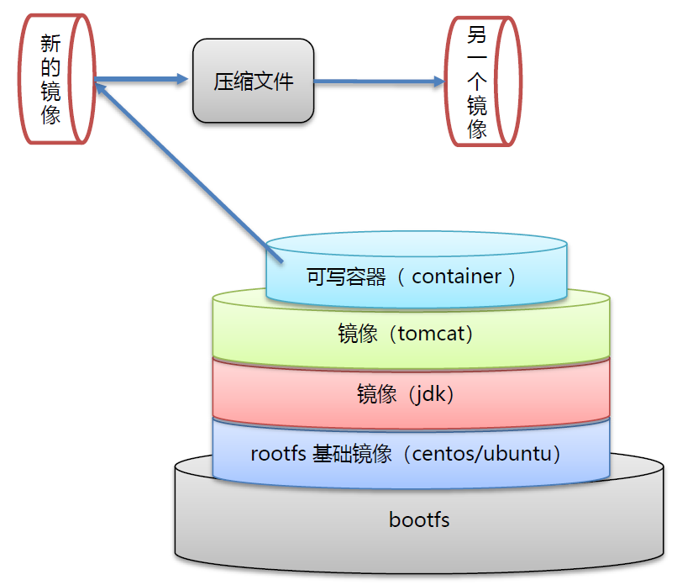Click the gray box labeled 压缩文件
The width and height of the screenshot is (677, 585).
pyautogui.click(x=254, y=82)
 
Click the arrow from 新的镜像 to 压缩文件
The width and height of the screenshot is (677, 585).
pyautogui.click(x=143, y=81)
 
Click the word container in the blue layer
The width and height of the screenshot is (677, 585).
pyautogui.click(x=456, y=277)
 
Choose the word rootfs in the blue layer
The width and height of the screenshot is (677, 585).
pyautogui.click(x=275, y=455)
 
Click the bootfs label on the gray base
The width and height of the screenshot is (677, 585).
pyautogui.click(x=419, y=519)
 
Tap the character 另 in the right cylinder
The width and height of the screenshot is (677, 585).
pyautogui.click(x=477, y=36)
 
